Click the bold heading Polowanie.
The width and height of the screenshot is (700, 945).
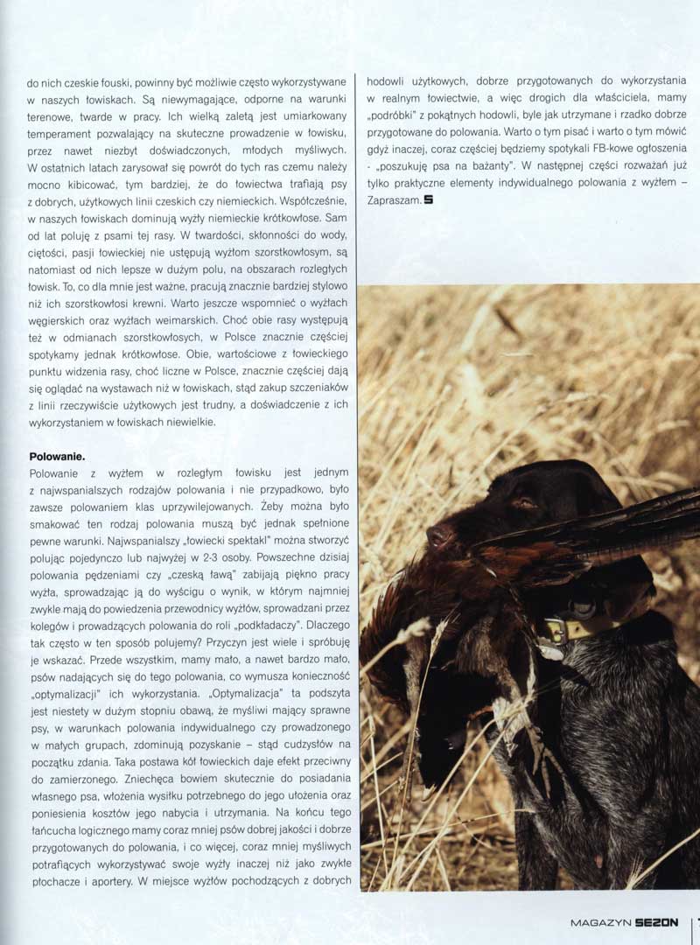57,457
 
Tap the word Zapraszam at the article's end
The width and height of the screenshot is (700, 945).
393,200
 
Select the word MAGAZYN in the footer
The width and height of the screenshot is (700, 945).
601,921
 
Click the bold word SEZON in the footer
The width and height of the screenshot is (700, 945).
657,921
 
